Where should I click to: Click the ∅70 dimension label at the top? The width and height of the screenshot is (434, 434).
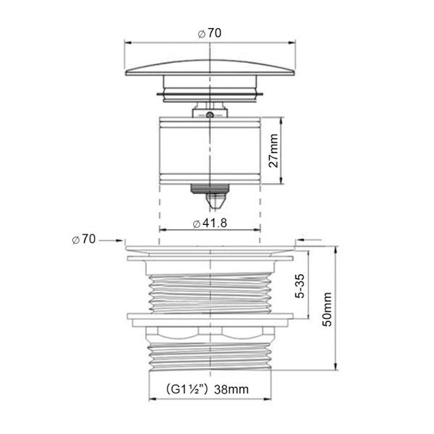[x=210, y=32]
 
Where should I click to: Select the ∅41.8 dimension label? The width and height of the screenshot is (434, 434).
[x=210, y=224]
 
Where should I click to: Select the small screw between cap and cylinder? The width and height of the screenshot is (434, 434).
[x=209, y=114]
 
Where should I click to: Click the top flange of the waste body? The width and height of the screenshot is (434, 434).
[x=210, y=250]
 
